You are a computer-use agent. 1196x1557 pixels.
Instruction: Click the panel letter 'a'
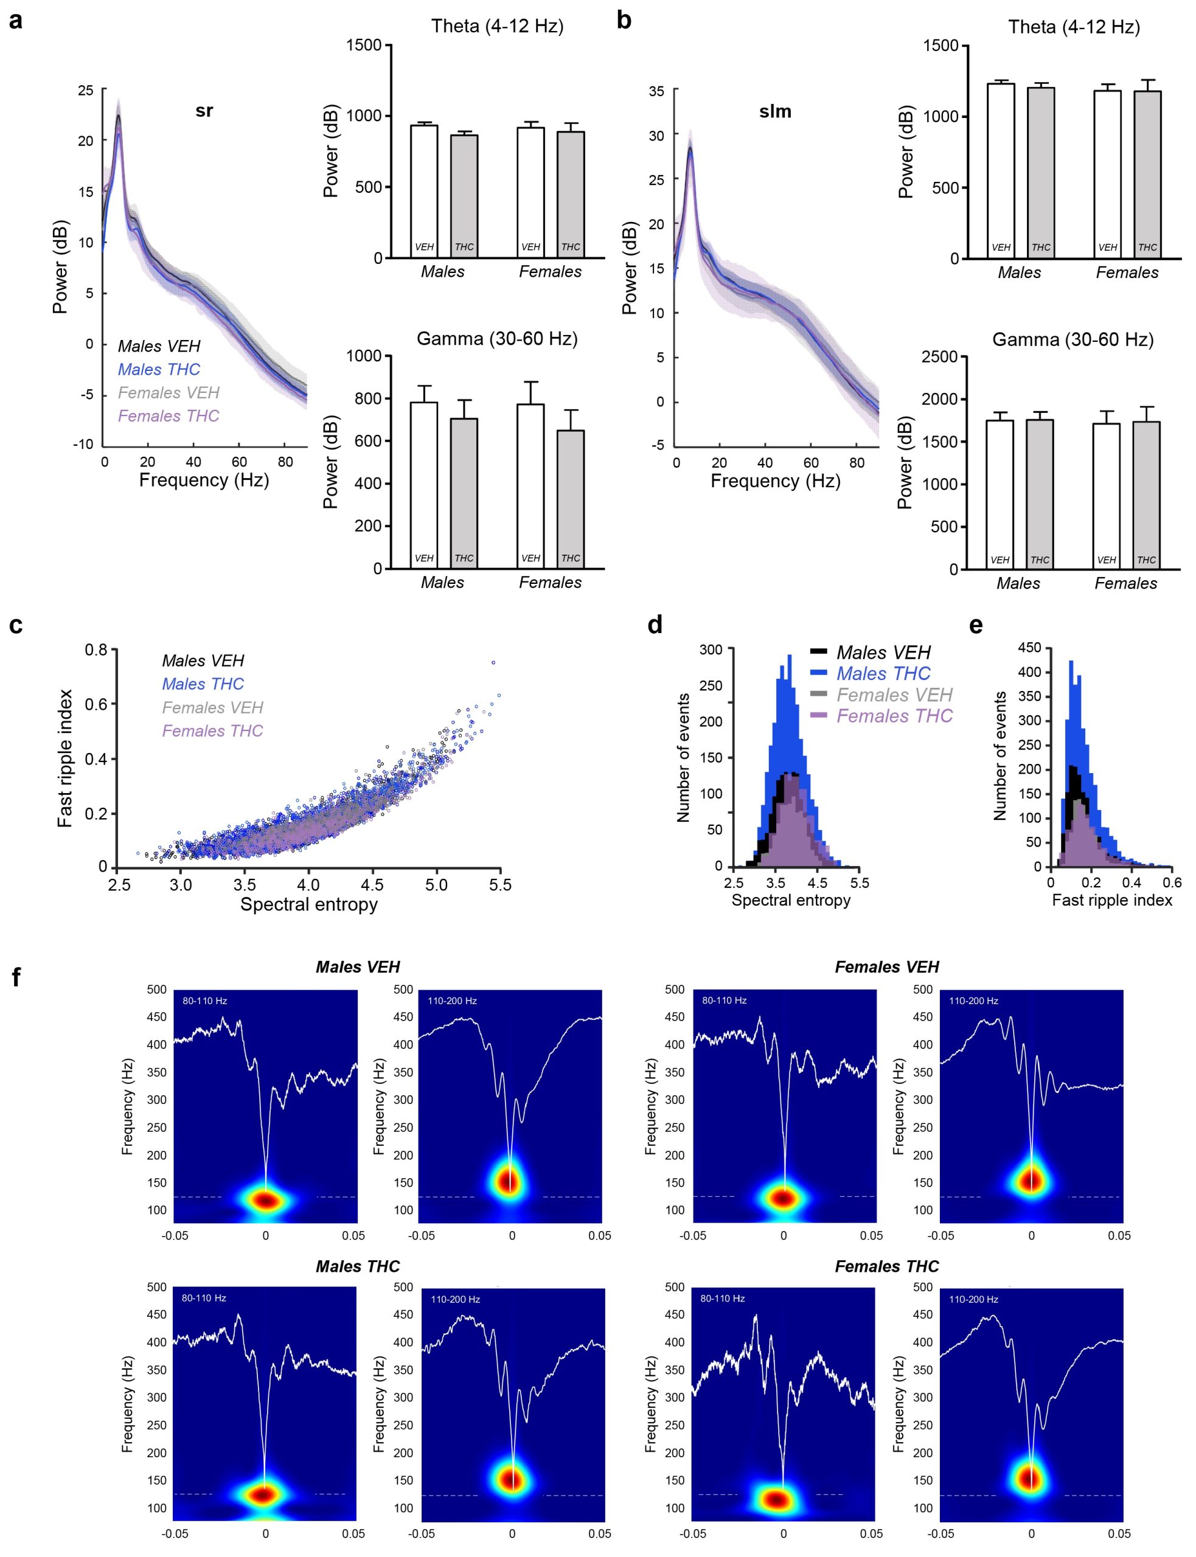pos(15,21)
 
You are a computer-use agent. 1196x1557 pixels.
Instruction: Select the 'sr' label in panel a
pos(204,111)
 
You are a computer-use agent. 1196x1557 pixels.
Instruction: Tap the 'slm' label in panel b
pos(775,112)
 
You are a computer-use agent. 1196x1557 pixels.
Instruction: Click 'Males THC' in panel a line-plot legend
pos(159,369)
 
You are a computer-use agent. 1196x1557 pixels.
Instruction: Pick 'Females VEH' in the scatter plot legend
pos(212,707)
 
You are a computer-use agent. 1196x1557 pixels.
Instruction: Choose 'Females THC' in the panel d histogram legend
pos(894,716)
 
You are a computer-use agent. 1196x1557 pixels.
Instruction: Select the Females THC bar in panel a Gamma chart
pos(571,498)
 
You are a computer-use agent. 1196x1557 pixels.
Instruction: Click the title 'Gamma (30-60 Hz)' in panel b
pos(1073,339)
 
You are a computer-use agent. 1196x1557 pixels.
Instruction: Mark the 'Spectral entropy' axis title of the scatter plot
pos(309,904)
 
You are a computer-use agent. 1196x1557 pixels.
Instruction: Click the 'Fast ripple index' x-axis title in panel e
pos(1112,900)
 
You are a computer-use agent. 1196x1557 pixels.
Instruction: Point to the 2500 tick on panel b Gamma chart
pos(939,356)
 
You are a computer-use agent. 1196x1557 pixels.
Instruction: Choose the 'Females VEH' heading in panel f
pos(887,967)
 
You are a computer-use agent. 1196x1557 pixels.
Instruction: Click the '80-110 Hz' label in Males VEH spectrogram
pos(204,1000)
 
